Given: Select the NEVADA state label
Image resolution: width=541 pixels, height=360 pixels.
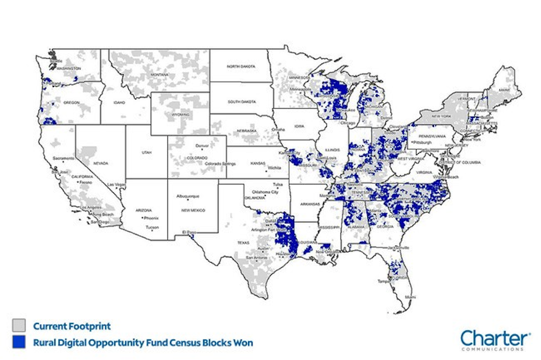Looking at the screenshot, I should click(x=101, y=163).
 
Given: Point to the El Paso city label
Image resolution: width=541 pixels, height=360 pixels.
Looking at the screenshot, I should click(x=187, y=233).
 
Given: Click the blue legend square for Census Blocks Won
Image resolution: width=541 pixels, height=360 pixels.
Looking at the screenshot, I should click(x=21, y=343).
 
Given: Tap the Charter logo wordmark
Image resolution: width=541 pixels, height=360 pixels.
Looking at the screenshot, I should click(x=495, y=338).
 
